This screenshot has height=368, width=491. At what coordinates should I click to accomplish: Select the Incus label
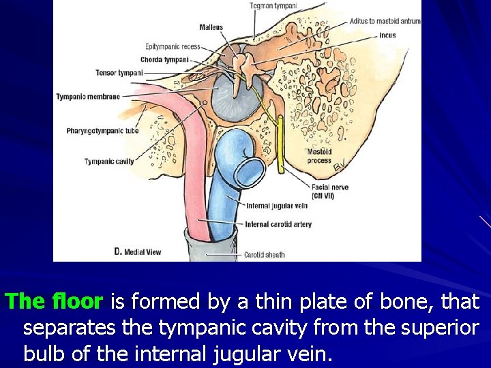pos(387,35)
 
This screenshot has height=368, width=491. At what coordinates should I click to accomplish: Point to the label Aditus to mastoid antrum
pos(385,21)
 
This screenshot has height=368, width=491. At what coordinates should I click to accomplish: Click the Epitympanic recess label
pos(173,46)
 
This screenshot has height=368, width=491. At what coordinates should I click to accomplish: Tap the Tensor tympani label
pos(119,72)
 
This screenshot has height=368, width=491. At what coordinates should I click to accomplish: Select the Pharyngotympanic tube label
pos(102,130)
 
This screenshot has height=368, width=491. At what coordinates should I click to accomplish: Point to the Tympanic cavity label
pos(109,162)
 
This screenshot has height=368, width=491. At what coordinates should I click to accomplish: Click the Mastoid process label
pos(319,156)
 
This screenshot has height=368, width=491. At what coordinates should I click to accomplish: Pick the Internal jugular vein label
pos(276,205)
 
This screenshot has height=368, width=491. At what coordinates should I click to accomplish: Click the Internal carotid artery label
pos(278,224)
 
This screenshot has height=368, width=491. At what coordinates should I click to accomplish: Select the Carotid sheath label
pos(265,255)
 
